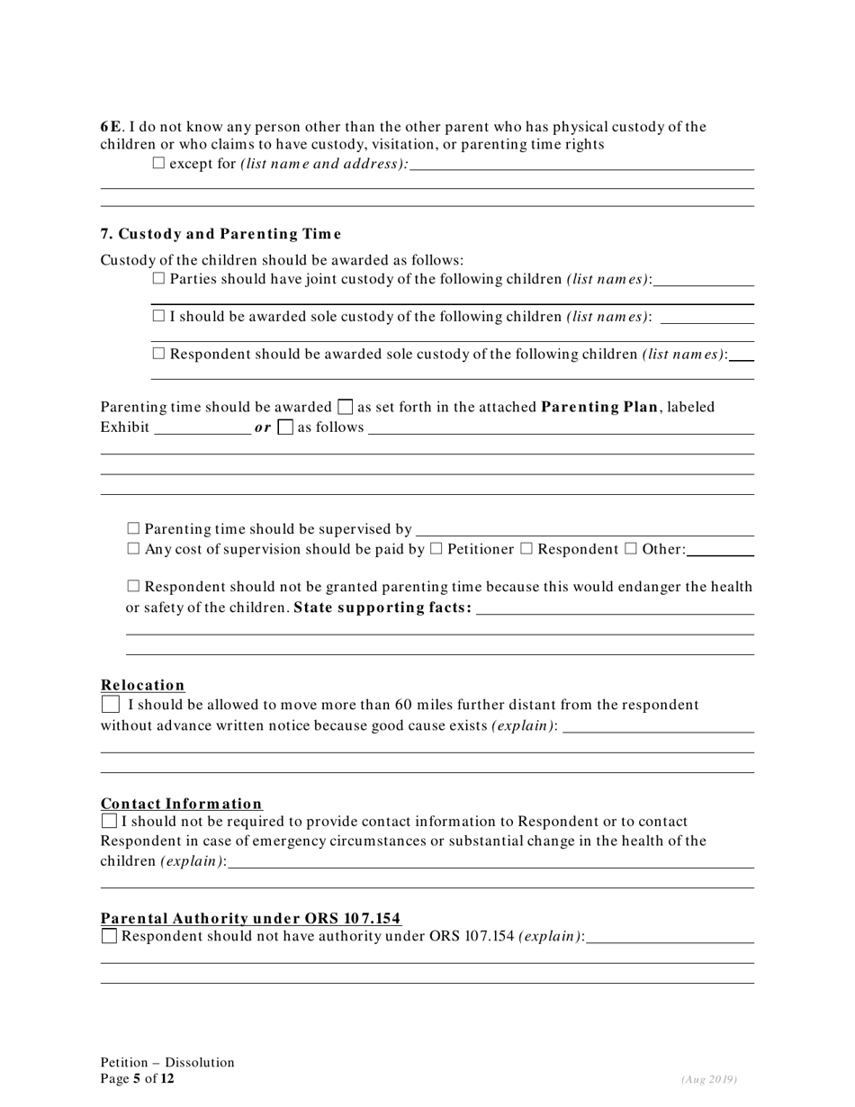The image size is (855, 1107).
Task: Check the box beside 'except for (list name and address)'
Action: [x=159, y=164]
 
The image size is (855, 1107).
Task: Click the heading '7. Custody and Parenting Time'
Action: [x=220, y=234]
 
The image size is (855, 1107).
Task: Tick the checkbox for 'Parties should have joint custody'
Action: [x=159, y=279]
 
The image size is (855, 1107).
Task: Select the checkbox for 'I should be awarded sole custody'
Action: [x=159, y=317]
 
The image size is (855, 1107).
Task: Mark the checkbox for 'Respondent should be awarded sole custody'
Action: [x=159, y=355]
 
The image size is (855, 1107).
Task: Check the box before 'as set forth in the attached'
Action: [x=345, y=408]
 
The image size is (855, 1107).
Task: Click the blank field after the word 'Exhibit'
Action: [x=202, y=427]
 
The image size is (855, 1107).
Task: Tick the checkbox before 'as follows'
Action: [x=285, y=427]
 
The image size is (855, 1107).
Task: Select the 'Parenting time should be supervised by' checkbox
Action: [x=134, y=529]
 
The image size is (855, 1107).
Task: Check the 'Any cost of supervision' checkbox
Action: [x=134, y=549]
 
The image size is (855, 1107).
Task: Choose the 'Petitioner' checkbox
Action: [x=436, y=549]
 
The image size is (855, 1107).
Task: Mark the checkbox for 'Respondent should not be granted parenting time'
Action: [x=134, y=587]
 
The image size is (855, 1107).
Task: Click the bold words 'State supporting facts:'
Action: [x=382, y=607]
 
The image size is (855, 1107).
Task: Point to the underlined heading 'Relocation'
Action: [x=142, y=685]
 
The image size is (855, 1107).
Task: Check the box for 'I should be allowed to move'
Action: [x=110, y=705]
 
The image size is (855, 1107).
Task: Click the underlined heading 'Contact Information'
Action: [x=182, y=804]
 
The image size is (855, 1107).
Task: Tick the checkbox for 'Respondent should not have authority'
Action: [x=110, y=937]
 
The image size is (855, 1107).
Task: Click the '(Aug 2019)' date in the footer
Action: [x=709, y=1079]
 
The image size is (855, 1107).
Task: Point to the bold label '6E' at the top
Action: [x=109, y=127]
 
